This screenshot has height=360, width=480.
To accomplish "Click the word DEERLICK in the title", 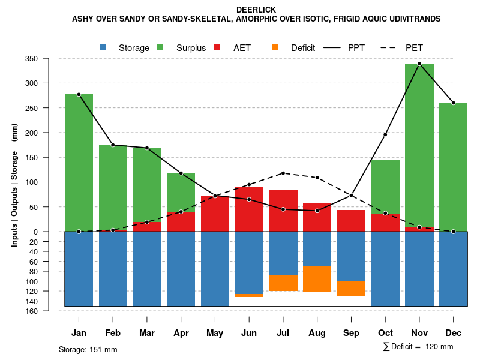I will point(256,10).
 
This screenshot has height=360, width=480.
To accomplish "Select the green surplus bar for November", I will point(419,144).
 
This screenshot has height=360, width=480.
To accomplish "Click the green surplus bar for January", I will point(79,162).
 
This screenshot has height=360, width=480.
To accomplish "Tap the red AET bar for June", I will point(249,209).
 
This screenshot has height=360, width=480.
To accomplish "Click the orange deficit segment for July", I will point(283,283).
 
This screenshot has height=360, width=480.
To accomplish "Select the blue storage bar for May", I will point(215,269).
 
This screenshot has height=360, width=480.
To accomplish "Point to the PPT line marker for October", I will point(385,134).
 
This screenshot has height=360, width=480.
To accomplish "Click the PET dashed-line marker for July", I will point(283,173).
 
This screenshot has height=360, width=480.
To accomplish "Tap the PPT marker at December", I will point(454,103).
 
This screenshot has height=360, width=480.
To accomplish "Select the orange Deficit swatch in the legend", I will point(275,48).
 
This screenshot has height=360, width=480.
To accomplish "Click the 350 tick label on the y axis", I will point(48,58).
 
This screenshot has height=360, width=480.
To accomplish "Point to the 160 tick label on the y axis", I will point(48,311).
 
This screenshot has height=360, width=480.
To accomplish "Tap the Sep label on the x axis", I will point(352,333).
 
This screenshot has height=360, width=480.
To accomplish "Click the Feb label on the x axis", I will point(113,333).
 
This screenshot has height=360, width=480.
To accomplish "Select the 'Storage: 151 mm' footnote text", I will point(88,349).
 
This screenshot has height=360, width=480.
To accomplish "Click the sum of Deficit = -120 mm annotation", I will point(418,347).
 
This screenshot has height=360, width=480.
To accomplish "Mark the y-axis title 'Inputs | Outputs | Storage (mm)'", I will point(14,185).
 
